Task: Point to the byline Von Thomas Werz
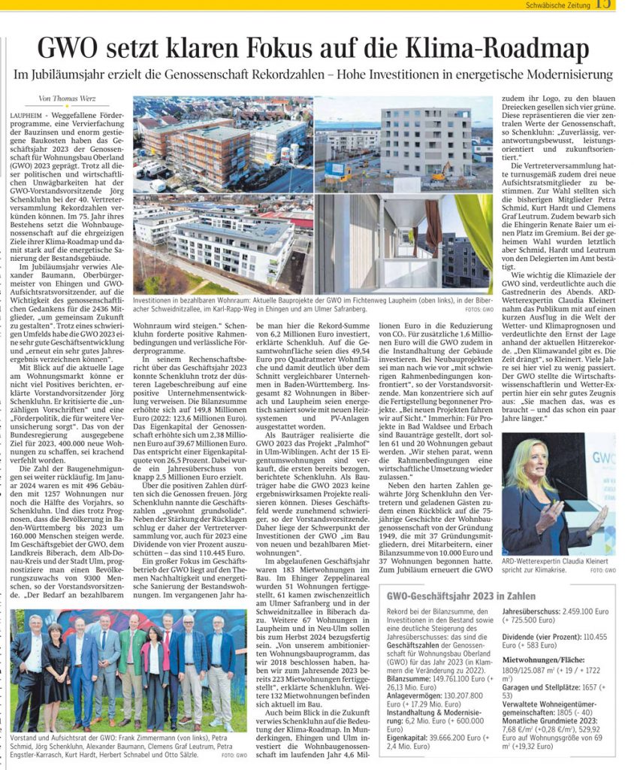pos(66,99)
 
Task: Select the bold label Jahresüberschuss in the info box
pos(533,612)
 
